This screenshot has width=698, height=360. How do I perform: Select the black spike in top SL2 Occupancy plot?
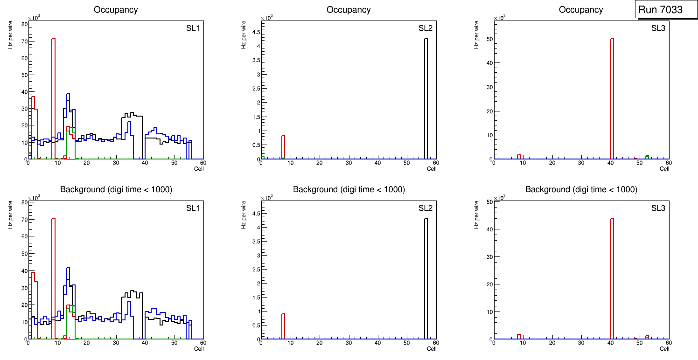pos(426,98)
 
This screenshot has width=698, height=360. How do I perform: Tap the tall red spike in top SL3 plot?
pos(612,98)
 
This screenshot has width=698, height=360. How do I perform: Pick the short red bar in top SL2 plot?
pos(283,147)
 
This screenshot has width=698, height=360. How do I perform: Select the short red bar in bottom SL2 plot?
pos(283,326)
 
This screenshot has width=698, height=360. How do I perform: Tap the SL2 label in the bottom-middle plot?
pos(426,208)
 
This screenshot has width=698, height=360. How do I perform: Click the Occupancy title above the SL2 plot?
pos(349,10)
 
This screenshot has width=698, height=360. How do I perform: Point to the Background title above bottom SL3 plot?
pos(581,189)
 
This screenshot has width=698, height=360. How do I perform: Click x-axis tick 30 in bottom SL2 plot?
pos(349,343)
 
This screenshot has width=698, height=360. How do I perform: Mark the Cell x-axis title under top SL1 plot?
pos(199,169)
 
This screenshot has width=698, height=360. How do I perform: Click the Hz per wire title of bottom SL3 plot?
pos(476,215)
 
